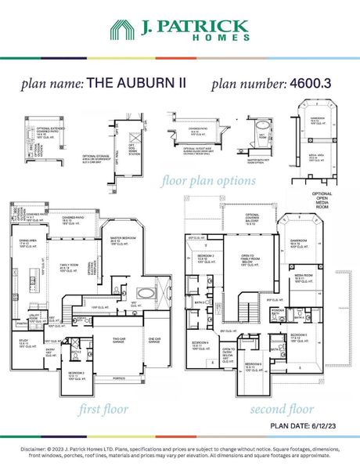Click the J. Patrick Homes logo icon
click(x=121, y=31)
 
